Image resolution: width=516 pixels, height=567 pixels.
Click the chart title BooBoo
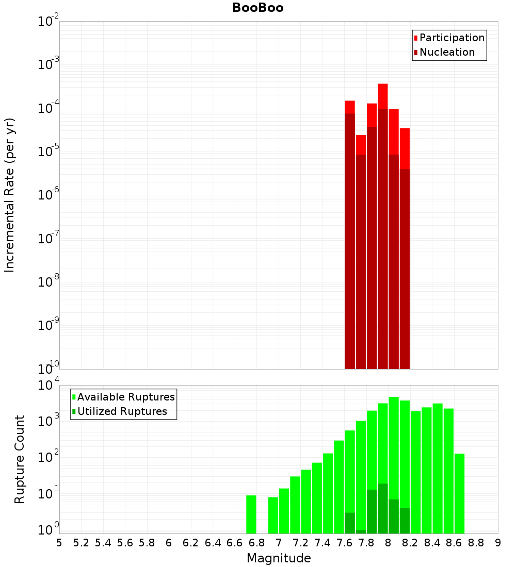(258, 8)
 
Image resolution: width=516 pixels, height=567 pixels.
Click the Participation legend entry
(452, 38)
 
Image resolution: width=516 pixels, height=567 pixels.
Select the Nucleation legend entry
(447, 52)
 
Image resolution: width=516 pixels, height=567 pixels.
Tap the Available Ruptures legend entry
(126, 397)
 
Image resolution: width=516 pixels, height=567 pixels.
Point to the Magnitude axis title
(279, 558)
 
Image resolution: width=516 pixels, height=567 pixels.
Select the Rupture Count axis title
(20, 459)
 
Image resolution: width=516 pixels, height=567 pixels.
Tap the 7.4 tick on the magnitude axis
(322, 543)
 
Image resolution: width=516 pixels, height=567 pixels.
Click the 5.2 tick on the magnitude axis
(81, 543)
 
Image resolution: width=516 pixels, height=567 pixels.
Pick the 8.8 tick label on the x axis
(476, 543)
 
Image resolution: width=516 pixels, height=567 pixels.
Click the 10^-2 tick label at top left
(49, 22)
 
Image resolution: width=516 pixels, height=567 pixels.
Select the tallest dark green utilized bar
(383, 508)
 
